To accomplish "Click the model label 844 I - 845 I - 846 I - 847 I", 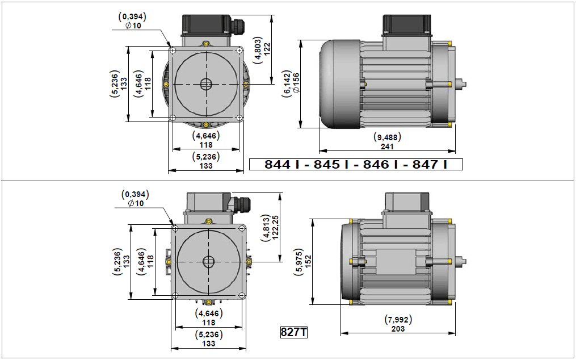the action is tap(356, 164).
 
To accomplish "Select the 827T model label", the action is tap(293, 332).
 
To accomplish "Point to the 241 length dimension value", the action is tap(387, 146).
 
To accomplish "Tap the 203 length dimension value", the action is tap(398, 329).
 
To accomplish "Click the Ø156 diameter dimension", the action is tap(296, 83).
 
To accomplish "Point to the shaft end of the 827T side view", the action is tap(461, 261).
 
